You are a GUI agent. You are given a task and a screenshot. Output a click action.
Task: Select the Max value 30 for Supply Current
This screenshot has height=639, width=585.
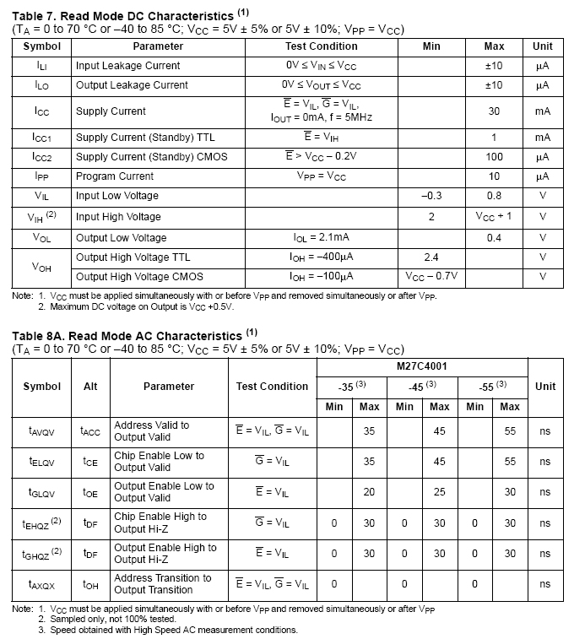494,111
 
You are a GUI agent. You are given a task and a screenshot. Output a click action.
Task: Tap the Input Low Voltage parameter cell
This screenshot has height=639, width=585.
116,196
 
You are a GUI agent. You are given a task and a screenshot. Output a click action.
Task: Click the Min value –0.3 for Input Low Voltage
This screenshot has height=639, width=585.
431,196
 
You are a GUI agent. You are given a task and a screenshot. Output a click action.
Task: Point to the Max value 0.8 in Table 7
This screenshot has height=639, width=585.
494,196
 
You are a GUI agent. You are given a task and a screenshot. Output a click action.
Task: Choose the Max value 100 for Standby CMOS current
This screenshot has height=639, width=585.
494,156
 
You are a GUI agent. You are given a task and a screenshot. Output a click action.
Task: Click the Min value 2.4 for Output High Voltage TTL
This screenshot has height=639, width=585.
431,257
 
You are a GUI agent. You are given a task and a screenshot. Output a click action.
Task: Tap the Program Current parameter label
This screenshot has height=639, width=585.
115,176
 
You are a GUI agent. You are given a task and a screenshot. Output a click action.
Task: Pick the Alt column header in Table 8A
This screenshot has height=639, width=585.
90,386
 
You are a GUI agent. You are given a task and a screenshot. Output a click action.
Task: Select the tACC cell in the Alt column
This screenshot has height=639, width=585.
90,431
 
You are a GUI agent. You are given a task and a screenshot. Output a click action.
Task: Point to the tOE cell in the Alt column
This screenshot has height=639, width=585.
90,492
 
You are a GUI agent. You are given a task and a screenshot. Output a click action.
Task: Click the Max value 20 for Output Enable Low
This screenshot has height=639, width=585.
369,492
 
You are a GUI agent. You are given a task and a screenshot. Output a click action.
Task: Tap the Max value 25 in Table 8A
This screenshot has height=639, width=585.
439,492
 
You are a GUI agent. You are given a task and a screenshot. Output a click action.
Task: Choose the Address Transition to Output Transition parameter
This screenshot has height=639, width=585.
162,583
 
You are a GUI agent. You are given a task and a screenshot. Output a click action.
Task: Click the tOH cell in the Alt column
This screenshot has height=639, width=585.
90,583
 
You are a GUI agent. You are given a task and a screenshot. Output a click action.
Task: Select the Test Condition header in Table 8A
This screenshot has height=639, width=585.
272,386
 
